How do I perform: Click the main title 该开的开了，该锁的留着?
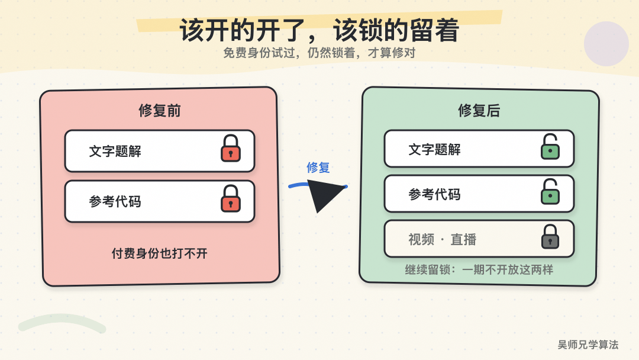319,30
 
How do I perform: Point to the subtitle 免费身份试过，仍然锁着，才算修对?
319,53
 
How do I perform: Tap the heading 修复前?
159,110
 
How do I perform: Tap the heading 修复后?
479,110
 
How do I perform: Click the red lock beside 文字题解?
231,149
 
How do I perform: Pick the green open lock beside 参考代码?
550,191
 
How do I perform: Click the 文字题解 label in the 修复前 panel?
115,151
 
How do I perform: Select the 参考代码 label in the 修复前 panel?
115,201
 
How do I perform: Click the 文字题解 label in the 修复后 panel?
434,149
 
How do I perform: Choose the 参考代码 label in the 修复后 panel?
434,194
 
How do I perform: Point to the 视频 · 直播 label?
442,239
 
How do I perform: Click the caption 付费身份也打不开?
159,253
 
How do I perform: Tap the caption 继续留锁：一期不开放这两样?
479,269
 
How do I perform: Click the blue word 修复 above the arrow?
318,167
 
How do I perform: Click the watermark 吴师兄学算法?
588,345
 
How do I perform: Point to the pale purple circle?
606,44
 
